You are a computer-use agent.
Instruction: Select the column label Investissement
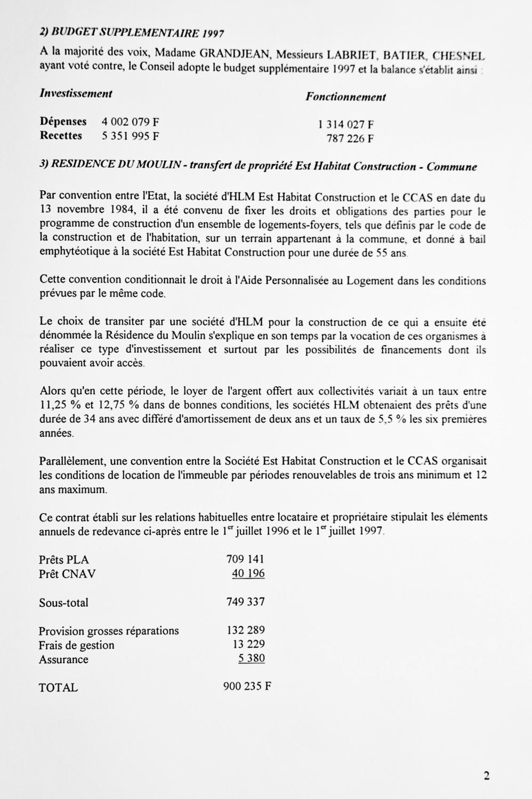point(76,94)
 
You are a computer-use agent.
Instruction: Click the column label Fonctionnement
point(345,97)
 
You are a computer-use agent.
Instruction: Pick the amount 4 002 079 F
point(131,122)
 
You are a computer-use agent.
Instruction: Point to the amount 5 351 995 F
point(131,136)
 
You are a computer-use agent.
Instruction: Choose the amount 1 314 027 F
point(346,125)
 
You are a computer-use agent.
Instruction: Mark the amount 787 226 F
point(350,139)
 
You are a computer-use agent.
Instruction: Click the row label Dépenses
point(63,121)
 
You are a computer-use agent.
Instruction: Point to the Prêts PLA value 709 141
point(245,559)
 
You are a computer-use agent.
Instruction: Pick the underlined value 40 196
point(248,573)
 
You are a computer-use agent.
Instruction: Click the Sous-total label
point(63,603)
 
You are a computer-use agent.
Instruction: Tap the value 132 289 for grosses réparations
point(246,630)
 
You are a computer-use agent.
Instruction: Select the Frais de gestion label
point(76,645)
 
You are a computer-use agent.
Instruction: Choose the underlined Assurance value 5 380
point(252,658)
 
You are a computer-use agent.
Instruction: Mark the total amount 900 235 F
point(247,686)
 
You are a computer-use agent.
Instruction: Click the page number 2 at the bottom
point(486,776)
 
